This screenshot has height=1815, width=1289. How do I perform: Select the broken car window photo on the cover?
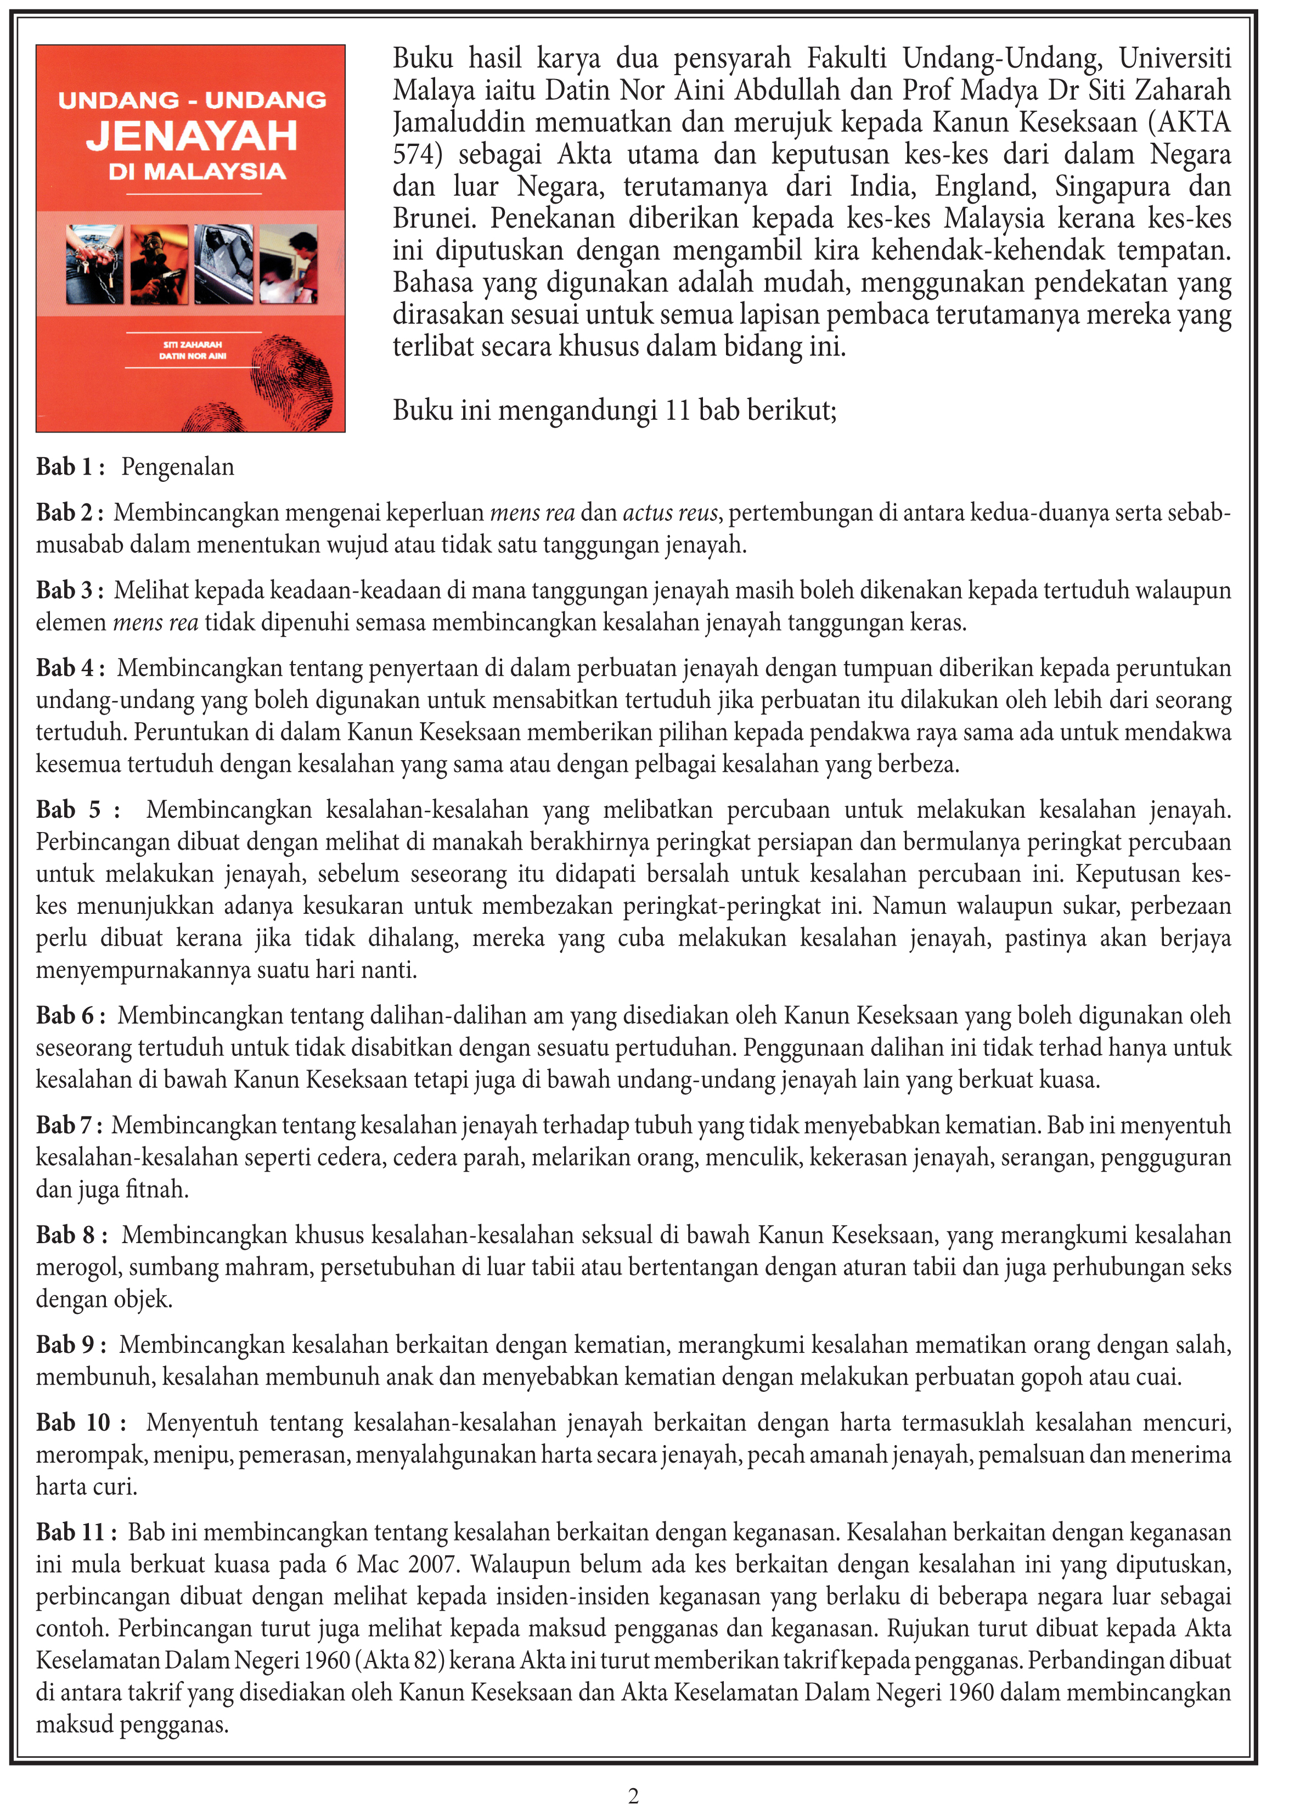224,265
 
